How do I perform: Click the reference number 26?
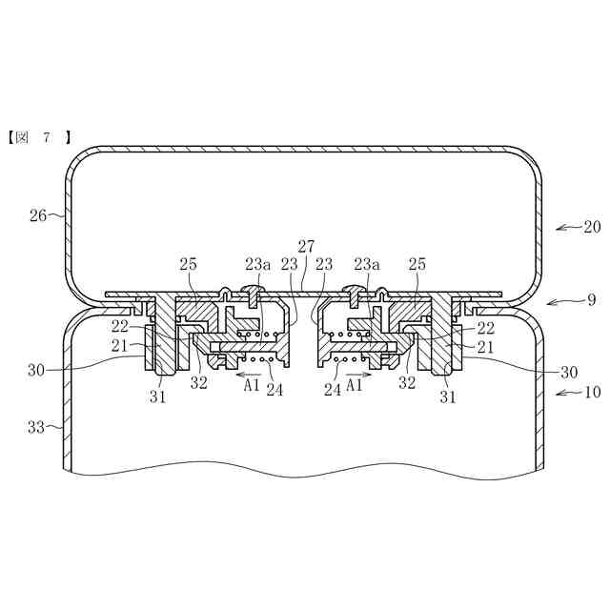(38, 215)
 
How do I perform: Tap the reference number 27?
(306, 246)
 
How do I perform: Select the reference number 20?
(592, 227)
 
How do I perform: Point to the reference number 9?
(591, 299)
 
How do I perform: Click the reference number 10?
(592, 392)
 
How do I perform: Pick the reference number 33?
(38, 428)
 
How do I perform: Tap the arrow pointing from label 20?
(567, 227)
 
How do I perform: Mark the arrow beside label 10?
(567, 392)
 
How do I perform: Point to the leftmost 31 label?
(158, 396)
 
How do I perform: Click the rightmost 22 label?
(486, 328)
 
